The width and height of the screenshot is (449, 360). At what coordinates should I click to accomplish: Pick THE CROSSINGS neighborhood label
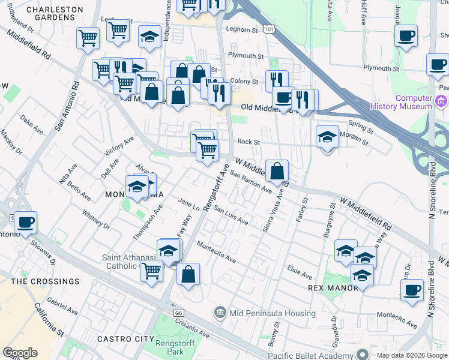coord(45,281)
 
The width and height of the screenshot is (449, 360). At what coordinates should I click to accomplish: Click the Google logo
coord(20,353)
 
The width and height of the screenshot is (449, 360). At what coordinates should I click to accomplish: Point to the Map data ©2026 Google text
coord(411,355)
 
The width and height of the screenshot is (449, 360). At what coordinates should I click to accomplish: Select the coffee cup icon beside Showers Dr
coord(25,222)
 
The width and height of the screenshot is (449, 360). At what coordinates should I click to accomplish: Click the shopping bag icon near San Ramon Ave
coord(277,172)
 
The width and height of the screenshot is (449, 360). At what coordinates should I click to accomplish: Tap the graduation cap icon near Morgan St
coord(327,136)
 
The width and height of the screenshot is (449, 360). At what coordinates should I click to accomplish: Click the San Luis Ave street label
coord(231,217)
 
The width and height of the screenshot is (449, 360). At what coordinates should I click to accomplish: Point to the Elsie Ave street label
coord(300,272)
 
